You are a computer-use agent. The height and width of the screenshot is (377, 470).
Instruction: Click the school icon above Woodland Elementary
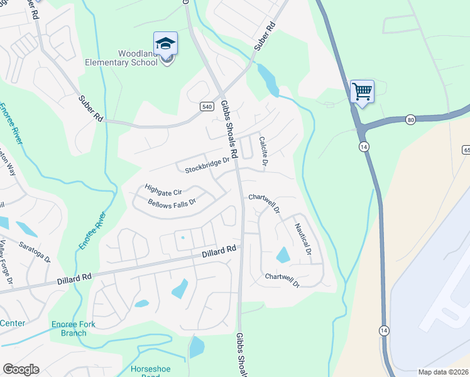point(166,44)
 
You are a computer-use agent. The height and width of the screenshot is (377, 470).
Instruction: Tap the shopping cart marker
point(362,92)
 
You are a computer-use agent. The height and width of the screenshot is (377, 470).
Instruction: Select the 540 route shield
point(207,107)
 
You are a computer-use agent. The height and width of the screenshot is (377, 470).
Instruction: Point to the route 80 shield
point(410,119)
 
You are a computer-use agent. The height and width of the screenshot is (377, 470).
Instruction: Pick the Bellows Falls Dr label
point(172,203)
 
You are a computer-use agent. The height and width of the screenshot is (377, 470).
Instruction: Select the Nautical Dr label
point(303,239)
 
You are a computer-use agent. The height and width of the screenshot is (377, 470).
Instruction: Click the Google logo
point(21,369)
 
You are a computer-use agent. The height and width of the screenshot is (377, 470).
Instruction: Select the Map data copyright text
point(443,372)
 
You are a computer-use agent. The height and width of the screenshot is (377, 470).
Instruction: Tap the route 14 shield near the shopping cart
point(364,146)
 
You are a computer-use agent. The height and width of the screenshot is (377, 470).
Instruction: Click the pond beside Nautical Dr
point(283,254)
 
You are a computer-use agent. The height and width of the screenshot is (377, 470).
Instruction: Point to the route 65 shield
point(466,150)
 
